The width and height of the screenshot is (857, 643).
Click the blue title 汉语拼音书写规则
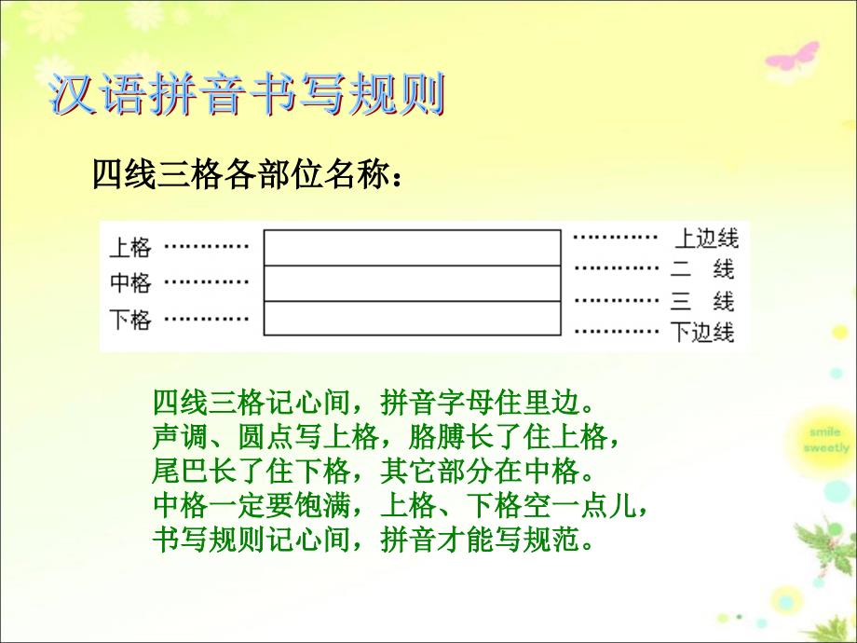(x=248, y=95)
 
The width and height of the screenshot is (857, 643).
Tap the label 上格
(x=130, y=247)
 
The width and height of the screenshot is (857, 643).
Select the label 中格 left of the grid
(x=130, y=282)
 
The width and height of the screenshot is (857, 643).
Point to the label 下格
(x=130, y=320)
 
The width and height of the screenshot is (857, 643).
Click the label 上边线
(x=706, y=239)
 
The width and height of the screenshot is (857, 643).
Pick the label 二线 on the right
(x=703, y=269)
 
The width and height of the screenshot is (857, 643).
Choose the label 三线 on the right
(x=703, y=301)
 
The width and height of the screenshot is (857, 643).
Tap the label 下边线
(x=702, y=332)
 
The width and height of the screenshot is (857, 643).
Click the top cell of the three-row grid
(x=413, y=248)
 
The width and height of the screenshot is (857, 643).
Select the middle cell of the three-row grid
(x=413, y=283)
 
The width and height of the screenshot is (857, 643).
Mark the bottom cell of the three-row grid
(x=413, y=318)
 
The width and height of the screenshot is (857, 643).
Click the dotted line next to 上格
(x=207, y=247)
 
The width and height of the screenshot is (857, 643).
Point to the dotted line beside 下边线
(x=617, y=331)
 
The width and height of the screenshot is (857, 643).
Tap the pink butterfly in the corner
(x=792, y=58)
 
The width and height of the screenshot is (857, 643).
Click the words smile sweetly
(x=826, y=440)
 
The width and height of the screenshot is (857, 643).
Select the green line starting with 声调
(x=386, y=436)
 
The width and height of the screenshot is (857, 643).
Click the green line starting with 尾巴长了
(x=374, y=471)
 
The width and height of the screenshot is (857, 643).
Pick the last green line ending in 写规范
(x=374, y=539)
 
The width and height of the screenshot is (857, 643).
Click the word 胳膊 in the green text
(x=437, y=436)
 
